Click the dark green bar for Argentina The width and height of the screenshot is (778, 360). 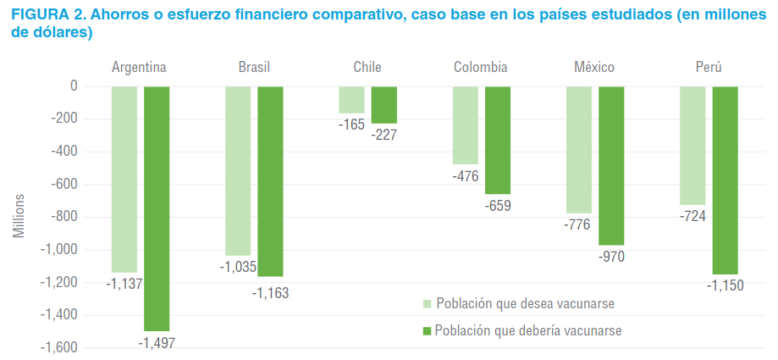click(157, 208)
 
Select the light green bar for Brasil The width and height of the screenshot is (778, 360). click(238, 169)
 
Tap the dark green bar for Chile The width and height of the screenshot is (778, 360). click(383, 104)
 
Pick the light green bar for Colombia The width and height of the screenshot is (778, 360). click(465, 125)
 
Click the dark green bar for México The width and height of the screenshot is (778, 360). click(611, 165)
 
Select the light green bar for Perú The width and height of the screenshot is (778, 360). click(692, 145)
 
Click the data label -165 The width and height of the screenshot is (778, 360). click(350, 125)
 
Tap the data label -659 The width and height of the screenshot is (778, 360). click(498, 205)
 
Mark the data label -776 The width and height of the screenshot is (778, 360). click(577, 224)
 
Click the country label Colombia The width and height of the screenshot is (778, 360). click(480, 68)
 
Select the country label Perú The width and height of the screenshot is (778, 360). click(707, 68)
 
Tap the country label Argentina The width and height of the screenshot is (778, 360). click(139, 68)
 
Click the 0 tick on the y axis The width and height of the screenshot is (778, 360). click(74, 86)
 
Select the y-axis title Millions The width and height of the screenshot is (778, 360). click(19, 216)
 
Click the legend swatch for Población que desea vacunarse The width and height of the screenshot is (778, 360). click(428, 303)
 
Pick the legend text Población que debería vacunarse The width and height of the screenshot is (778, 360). click(528, 330)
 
